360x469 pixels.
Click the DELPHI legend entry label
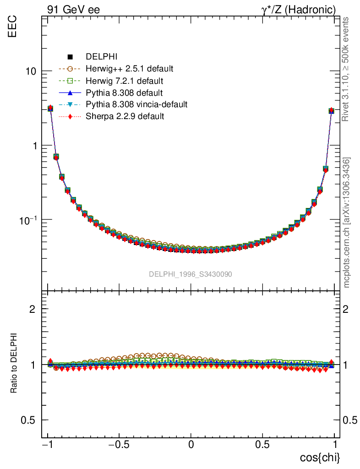(102, 57)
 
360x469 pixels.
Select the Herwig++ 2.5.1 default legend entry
(129, 69)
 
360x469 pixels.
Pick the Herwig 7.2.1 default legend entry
(125, 81)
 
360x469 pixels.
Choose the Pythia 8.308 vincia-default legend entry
(136, 104)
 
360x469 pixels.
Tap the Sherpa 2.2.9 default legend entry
(125, 116)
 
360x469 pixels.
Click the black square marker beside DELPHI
(71, 57)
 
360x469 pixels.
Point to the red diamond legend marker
(71, 116)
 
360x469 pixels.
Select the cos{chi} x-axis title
(319, 457)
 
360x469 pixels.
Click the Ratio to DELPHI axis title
(14, 363)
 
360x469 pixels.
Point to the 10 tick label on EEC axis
(32, 72)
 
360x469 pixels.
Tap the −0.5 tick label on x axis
(117, 444)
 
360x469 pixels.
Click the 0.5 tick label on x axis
(262, 444)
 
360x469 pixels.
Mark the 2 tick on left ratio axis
(33, 309)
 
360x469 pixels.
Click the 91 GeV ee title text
(73, 10)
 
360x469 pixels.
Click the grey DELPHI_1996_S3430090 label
(190, 274)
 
